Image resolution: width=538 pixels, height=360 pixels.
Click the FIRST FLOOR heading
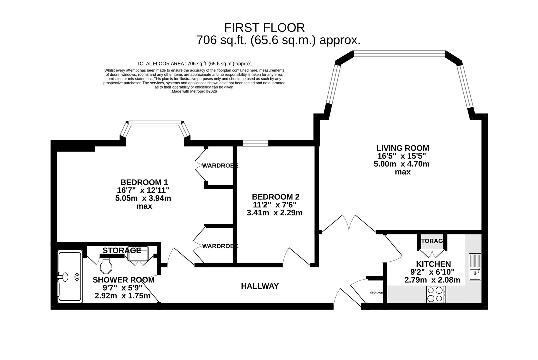coord(264,28)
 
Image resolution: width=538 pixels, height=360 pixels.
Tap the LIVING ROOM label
coord(403,148)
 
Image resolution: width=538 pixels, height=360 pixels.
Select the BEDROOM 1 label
coord(144,182)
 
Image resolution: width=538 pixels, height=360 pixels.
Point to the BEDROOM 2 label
coord(275,197)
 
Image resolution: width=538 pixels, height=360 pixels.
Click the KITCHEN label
coord(433,264)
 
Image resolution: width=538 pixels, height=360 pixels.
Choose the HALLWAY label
coord(260,286)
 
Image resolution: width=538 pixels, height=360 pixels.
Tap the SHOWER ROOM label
coord(123,280)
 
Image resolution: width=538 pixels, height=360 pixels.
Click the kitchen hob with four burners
coord(436,294)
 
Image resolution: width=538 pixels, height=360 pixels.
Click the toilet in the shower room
coord(106,266)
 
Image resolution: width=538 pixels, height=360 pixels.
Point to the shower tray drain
coord(77,277)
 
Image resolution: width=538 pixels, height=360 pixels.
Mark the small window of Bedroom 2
coord(256,143)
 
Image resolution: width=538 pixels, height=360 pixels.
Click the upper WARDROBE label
coord(220,165)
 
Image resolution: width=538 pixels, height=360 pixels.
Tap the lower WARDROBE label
coord(220,246)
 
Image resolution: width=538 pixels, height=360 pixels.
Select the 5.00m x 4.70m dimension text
coord(402,164)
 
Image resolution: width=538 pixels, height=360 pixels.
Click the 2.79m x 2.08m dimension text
coord(432,280)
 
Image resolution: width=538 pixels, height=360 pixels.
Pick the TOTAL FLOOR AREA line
coord(194,64)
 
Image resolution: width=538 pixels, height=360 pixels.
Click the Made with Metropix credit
coord(194,92)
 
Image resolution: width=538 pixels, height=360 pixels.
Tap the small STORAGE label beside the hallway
coord(376,293)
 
